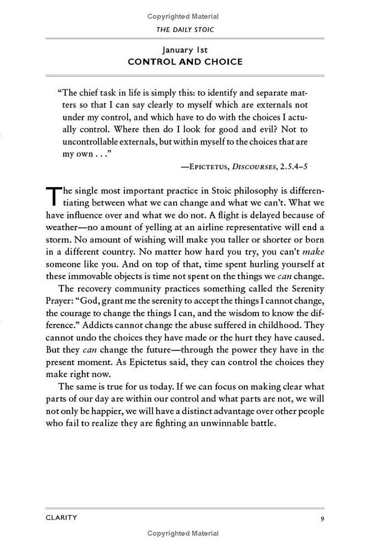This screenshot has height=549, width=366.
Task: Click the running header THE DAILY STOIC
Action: point(185,29)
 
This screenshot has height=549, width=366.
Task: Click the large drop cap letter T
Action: point(53,195)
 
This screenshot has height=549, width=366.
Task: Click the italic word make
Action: point(314,252)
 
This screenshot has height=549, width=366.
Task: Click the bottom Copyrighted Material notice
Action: point(184,533)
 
